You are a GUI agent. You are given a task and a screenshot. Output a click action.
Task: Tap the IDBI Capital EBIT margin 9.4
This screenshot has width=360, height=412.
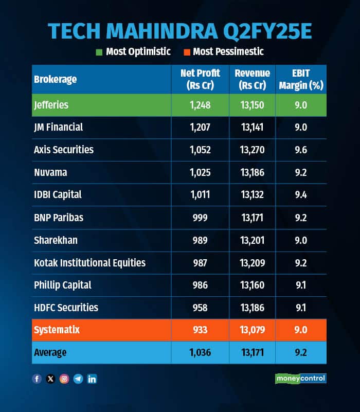301,195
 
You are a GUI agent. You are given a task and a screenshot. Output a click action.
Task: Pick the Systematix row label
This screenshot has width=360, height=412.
58,329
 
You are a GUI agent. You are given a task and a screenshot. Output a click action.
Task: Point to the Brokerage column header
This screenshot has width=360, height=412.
56,79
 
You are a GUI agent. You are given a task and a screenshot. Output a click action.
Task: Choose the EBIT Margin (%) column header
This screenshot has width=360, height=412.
301,79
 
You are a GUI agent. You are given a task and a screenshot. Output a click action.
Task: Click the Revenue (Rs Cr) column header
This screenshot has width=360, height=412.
252,79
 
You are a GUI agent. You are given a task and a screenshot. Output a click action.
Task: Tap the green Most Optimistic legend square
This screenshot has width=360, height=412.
99,51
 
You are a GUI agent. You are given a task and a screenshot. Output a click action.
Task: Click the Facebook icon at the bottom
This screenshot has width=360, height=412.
37,379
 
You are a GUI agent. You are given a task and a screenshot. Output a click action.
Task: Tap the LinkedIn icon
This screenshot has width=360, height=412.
92,379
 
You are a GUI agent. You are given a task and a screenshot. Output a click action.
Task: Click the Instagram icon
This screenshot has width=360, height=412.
64,379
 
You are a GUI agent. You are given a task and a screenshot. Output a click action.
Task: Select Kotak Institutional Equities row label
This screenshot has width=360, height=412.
90,262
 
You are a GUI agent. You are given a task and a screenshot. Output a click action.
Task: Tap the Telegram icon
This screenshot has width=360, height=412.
78,379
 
